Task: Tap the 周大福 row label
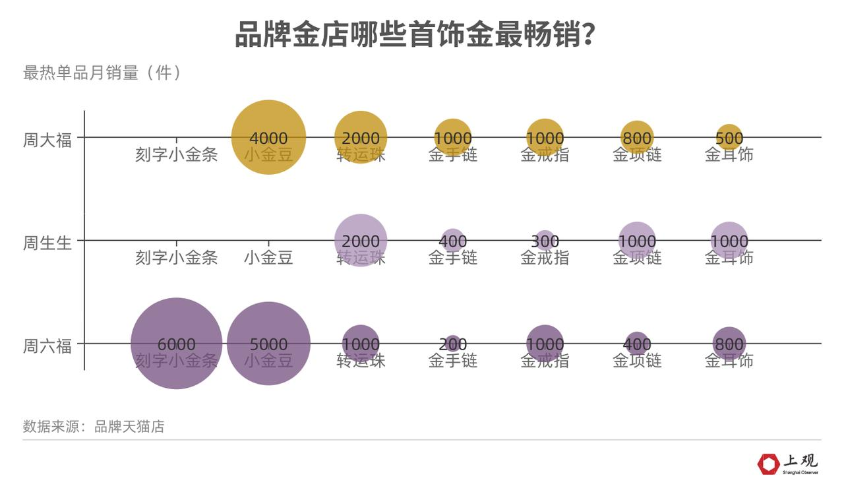coord(47,140)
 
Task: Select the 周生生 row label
coord(47,243)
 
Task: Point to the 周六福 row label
coord(47,346)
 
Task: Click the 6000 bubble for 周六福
coord(176,344)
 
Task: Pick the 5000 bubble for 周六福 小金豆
coord(268,344)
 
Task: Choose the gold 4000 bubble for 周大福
coord(268,137)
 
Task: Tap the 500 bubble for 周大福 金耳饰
coord(729,138)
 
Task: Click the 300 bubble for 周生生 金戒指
coord(545,241)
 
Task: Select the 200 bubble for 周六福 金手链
coord(452,344)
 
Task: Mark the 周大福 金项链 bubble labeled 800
coord(636,138)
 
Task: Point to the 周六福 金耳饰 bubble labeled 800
coord(729,344)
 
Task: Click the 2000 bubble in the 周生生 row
coord(361,241)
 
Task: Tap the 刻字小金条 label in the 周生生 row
coord(176,257)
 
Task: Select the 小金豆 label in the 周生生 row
coord(268,257)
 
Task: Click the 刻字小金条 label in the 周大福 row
coord(176,154)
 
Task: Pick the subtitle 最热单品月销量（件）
coord(102,73)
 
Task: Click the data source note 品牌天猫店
coord(94,427)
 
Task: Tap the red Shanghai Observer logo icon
coord(768,464)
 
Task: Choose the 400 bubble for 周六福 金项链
coord(636,344)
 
